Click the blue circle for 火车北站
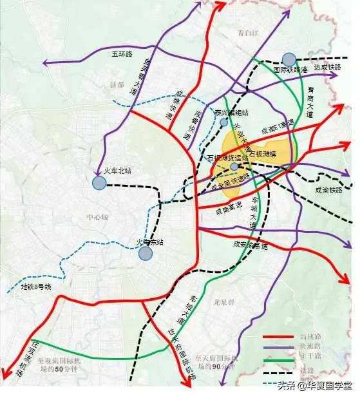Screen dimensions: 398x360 [x=99, y=183]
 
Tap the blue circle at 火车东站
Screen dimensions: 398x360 [x=146, y=253]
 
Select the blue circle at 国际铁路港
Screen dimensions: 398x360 [x=289, y=59]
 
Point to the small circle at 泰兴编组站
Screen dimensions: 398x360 [x=223, y=122]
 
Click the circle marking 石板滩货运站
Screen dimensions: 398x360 [x=234, y=167]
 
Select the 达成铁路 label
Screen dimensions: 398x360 [x=326, y=66]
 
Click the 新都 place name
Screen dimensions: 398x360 [x=116, y=84]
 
